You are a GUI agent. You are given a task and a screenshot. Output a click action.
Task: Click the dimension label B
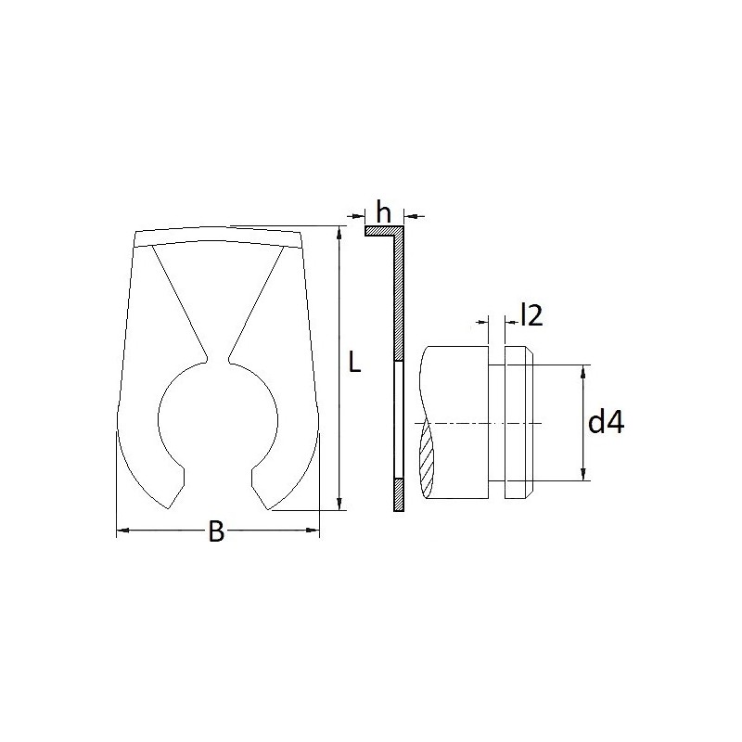[x=216, y=531]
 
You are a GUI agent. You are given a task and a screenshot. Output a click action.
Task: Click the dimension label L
[x=354, y=361]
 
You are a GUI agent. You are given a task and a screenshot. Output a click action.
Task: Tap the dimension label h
[x=384, y=211]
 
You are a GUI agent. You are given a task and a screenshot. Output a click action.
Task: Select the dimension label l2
[x=531, y=315]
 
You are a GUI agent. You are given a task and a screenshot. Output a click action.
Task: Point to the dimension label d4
[x=607, y=422]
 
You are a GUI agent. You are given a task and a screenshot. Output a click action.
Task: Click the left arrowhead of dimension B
[x=122, y=531]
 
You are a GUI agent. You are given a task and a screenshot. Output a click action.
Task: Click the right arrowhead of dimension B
[x=313, y=530]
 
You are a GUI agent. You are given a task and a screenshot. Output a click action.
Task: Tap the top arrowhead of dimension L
[x=339, y=233]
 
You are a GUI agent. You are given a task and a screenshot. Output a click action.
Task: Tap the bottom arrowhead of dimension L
[x=339, y=504]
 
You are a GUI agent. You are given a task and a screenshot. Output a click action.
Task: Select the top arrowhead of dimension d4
[x=583, y=372]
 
